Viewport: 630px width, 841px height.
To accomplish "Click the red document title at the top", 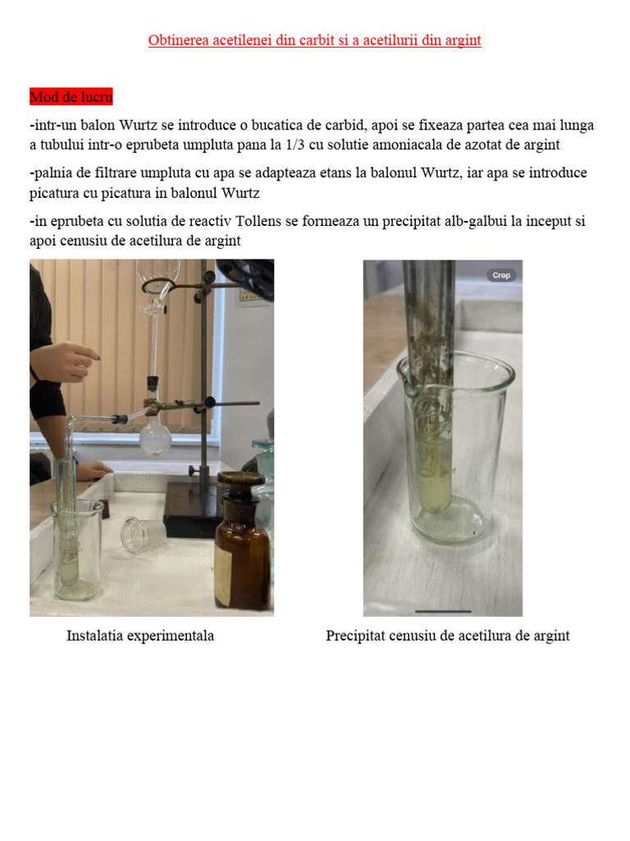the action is [x=315, y=40].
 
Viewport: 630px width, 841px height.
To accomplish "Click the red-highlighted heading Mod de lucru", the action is [x=71, y=97].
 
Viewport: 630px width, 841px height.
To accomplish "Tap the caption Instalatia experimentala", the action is [x=140, y=636].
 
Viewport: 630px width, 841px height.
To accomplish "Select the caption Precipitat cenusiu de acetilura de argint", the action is [x=448, y=636].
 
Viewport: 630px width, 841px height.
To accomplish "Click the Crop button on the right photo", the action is [x=501, y=275].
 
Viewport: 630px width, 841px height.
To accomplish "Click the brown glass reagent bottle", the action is [x=242, y=542].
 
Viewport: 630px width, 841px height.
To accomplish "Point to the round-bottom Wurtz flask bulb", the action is [x=155, y=435].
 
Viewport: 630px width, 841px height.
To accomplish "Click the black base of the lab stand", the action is [x=193, y=509].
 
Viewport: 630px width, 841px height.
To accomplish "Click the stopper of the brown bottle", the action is [x=240, y=480].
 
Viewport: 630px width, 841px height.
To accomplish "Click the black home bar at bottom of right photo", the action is [x=443, y=611].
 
